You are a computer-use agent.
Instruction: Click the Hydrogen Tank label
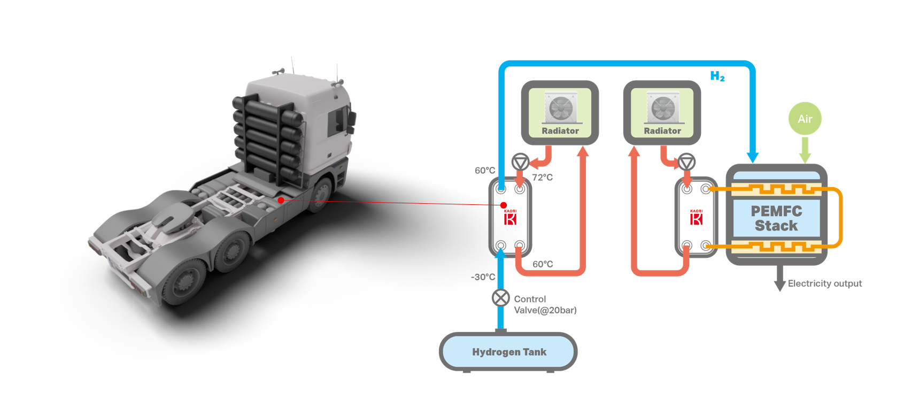[509, 352]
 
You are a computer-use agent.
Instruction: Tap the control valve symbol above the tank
[500, 297]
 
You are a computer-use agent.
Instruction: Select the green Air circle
[805, 119]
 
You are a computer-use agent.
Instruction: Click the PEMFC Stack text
[776, 218]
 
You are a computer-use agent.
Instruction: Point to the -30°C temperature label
[483, 277]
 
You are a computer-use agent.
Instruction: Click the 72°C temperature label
[542, 178]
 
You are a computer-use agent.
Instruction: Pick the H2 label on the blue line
[717, 76]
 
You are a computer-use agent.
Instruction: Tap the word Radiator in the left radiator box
[560, 130]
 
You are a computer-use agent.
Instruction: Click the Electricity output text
[825, 283]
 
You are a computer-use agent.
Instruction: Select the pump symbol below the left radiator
[520, 162]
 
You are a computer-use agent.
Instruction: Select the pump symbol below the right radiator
[686, 162]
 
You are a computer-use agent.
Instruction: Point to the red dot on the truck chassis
[281, 200]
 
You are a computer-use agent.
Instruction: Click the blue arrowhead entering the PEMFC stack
[753, 157]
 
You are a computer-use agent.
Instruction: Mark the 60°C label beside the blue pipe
[485, 171]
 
